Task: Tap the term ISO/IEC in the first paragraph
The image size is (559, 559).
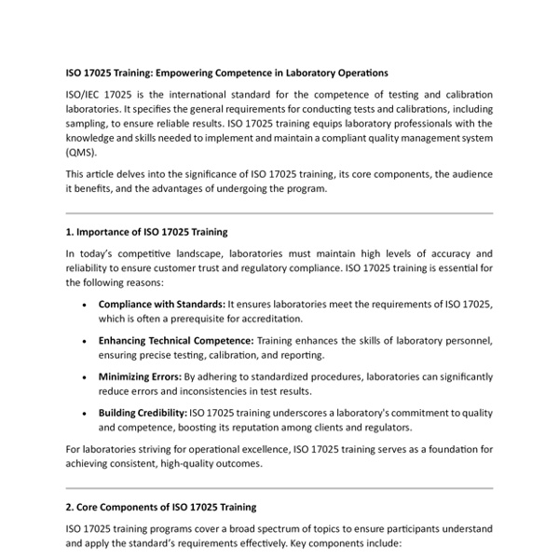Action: (x=84, y=96)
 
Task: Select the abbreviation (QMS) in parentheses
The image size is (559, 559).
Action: (x=80, y=152)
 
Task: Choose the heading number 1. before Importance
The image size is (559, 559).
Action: (x=70, y=231)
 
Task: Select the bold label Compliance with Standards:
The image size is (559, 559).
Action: (x=161, y=305)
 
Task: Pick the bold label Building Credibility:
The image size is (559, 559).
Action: (x=142, y=412)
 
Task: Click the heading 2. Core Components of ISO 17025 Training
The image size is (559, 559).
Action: (x=160, y=507)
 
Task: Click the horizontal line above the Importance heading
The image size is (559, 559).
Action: (x=279, y=213)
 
